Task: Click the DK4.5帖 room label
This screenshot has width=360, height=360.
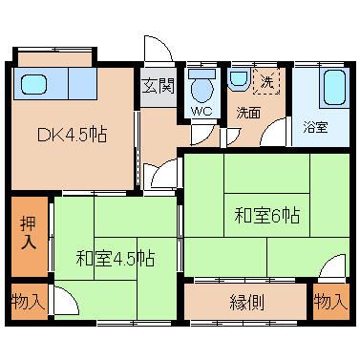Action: pos(73,135)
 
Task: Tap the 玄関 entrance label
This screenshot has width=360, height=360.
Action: pos(159,86)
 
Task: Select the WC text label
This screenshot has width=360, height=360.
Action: pos(201,112)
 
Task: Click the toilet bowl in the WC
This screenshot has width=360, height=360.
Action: pos(202,86)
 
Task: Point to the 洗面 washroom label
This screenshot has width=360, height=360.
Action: pos(248,113)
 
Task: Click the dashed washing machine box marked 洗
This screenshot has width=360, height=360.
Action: pos(266,81)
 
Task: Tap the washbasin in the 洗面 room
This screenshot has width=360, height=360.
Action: pos(239,78)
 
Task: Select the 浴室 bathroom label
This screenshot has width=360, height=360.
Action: pos(315,128)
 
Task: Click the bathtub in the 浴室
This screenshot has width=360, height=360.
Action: pos(335,88)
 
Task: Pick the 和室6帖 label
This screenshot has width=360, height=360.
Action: pos(266,215)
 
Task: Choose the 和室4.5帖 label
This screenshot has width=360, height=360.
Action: pos(116,259)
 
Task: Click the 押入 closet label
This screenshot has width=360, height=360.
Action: pos(29,233)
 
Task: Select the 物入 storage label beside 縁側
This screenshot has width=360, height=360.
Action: pos(330,302)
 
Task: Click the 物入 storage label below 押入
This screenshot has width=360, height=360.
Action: pos(28,302)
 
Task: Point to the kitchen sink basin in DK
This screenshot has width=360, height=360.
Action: pos(34,84)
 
